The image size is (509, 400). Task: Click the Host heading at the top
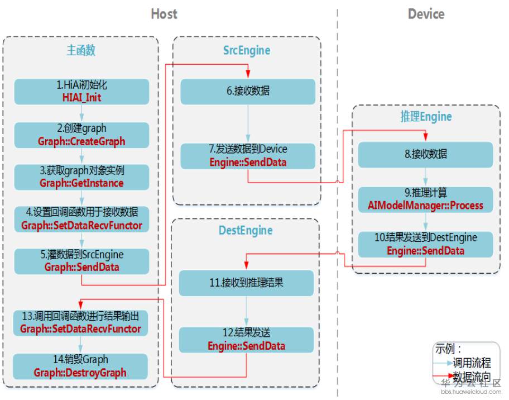coord(164,14)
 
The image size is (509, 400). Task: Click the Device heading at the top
coord(426,14)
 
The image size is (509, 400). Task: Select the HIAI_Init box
coord(81,92)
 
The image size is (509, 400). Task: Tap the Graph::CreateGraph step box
coord(81,135)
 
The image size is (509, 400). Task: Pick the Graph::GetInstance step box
coord(81,177)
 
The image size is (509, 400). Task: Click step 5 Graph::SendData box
coord(81,261)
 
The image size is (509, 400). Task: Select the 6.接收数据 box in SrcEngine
coord(248,91)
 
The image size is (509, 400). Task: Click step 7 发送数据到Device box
coord(248,156)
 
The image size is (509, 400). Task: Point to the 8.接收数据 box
coord(425,154)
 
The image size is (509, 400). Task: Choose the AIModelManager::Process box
coord(425,199)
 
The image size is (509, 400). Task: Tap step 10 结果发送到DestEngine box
coord(425,244)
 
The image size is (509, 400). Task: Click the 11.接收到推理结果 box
coord(246,283)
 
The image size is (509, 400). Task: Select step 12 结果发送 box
coord(246,340)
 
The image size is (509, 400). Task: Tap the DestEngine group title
coord(246,230)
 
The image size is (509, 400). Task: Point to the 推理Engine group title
coord(426,117)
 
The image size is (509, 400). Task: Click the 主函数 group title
coord(81,50)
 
